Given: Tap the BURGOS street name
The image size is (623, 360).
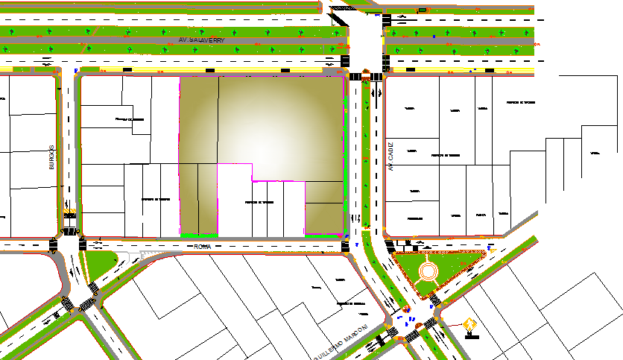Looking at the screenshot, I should [x=52, y=157].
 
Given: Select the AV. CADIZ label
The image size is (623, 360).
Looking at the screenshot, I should [x=390, y=157].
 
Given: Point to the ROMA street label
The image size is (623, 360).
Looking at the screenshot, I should [x=203, y=245].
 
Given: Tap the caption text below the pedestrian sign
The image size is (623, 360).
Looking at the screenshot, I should [x=471, y=337].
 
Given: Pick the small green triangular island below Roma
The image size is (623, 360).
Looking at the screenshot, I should [x=103, y=262].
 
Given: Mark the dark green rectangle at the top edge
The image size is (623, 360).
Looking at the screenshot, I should [x=423, y=10].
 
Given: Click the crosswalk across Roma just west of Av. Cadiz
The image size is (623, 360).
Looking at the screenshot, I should [x=345, y=246].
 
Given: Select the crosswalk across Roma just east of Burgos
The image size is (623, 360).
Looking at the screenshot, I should [x=82, y=244].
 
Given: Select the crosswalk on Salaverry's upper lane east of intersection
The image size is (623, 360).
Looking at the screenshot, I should [x=386, y=20].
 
